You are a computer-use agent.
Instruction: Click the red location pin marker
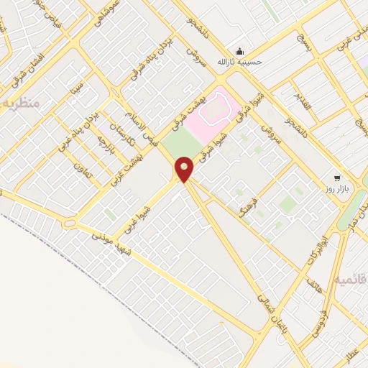pyautogui.click(x=185, y=169)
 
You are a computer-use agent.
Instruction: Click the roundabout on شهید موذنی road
pyautogui.click(x=70, y=224)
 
